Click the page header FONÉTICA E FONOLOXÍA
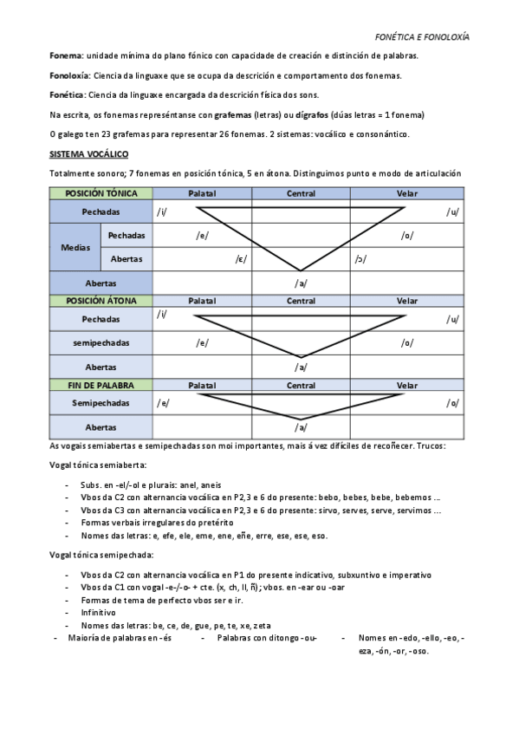[422, 39]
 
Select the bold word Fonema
[66, 56]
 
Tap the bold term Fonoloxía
[70, 76]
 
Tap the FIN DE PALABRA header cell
[101, 385]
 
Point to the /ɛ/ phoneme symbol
[241, 258]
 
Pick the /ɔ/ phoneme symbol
[359, 258]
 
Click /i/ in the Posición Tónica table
[161, 211]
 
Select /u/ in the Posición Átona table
[451, 320]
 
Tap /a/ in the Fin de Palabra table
[301, 427]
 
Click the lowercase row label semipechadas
[101, 344]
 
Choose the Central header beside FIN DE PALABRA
[301, 385]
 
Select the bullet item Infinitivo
[98, 612]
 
